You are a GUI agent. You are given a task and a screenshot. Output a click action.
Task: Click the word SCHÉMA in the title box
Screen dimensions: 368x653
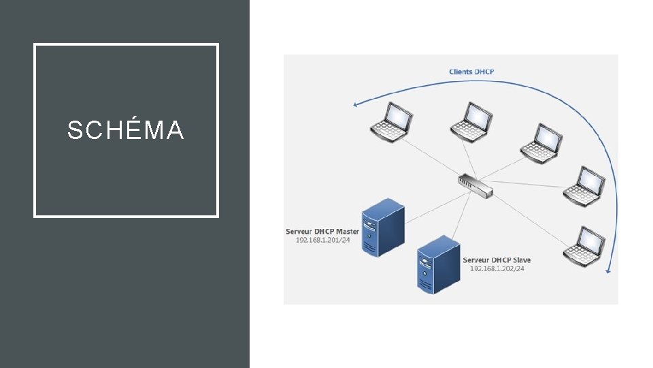click(126, 130)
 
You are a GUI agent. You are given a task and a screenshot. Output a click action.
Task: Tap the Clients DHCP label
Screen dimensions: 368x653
click(471, 72)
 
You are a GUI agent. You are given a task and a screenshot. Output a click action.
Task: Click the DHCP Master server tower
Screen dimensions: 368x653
click(382, 227)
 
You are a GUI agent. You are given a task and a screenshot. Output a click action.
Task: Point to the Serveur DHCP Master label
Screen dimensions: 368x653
click(322, 232)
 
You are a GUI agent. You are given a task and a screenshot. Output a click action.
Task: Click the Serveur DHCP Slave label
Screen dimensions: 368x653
click(497, 260)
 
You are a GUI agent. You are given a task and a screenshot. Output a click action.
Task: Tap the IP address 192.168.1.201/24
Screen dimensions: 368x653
click(322, 241)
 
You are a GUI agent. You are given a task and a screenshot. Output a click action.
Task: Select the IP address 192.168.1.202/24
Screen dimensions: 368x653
click(497, 269)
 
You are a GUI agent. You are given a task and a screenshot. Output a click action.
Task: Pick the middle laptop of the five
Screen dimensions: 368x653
click(540, 142)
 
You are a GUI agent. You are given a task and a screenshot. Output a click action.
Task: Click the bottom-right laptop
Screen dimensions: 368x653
click(584, 245)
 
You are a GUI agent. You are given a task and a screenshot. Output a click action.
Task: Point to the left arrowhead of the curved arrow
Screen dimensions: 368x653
click(355, 105)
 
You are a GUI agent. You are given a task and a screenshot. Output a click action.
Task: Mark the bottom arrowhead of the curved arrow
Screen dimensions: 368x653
click(608, 271)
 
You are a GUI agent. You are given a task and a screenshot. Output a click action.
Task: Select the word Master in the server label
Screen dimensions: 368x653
click(348, 232)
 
